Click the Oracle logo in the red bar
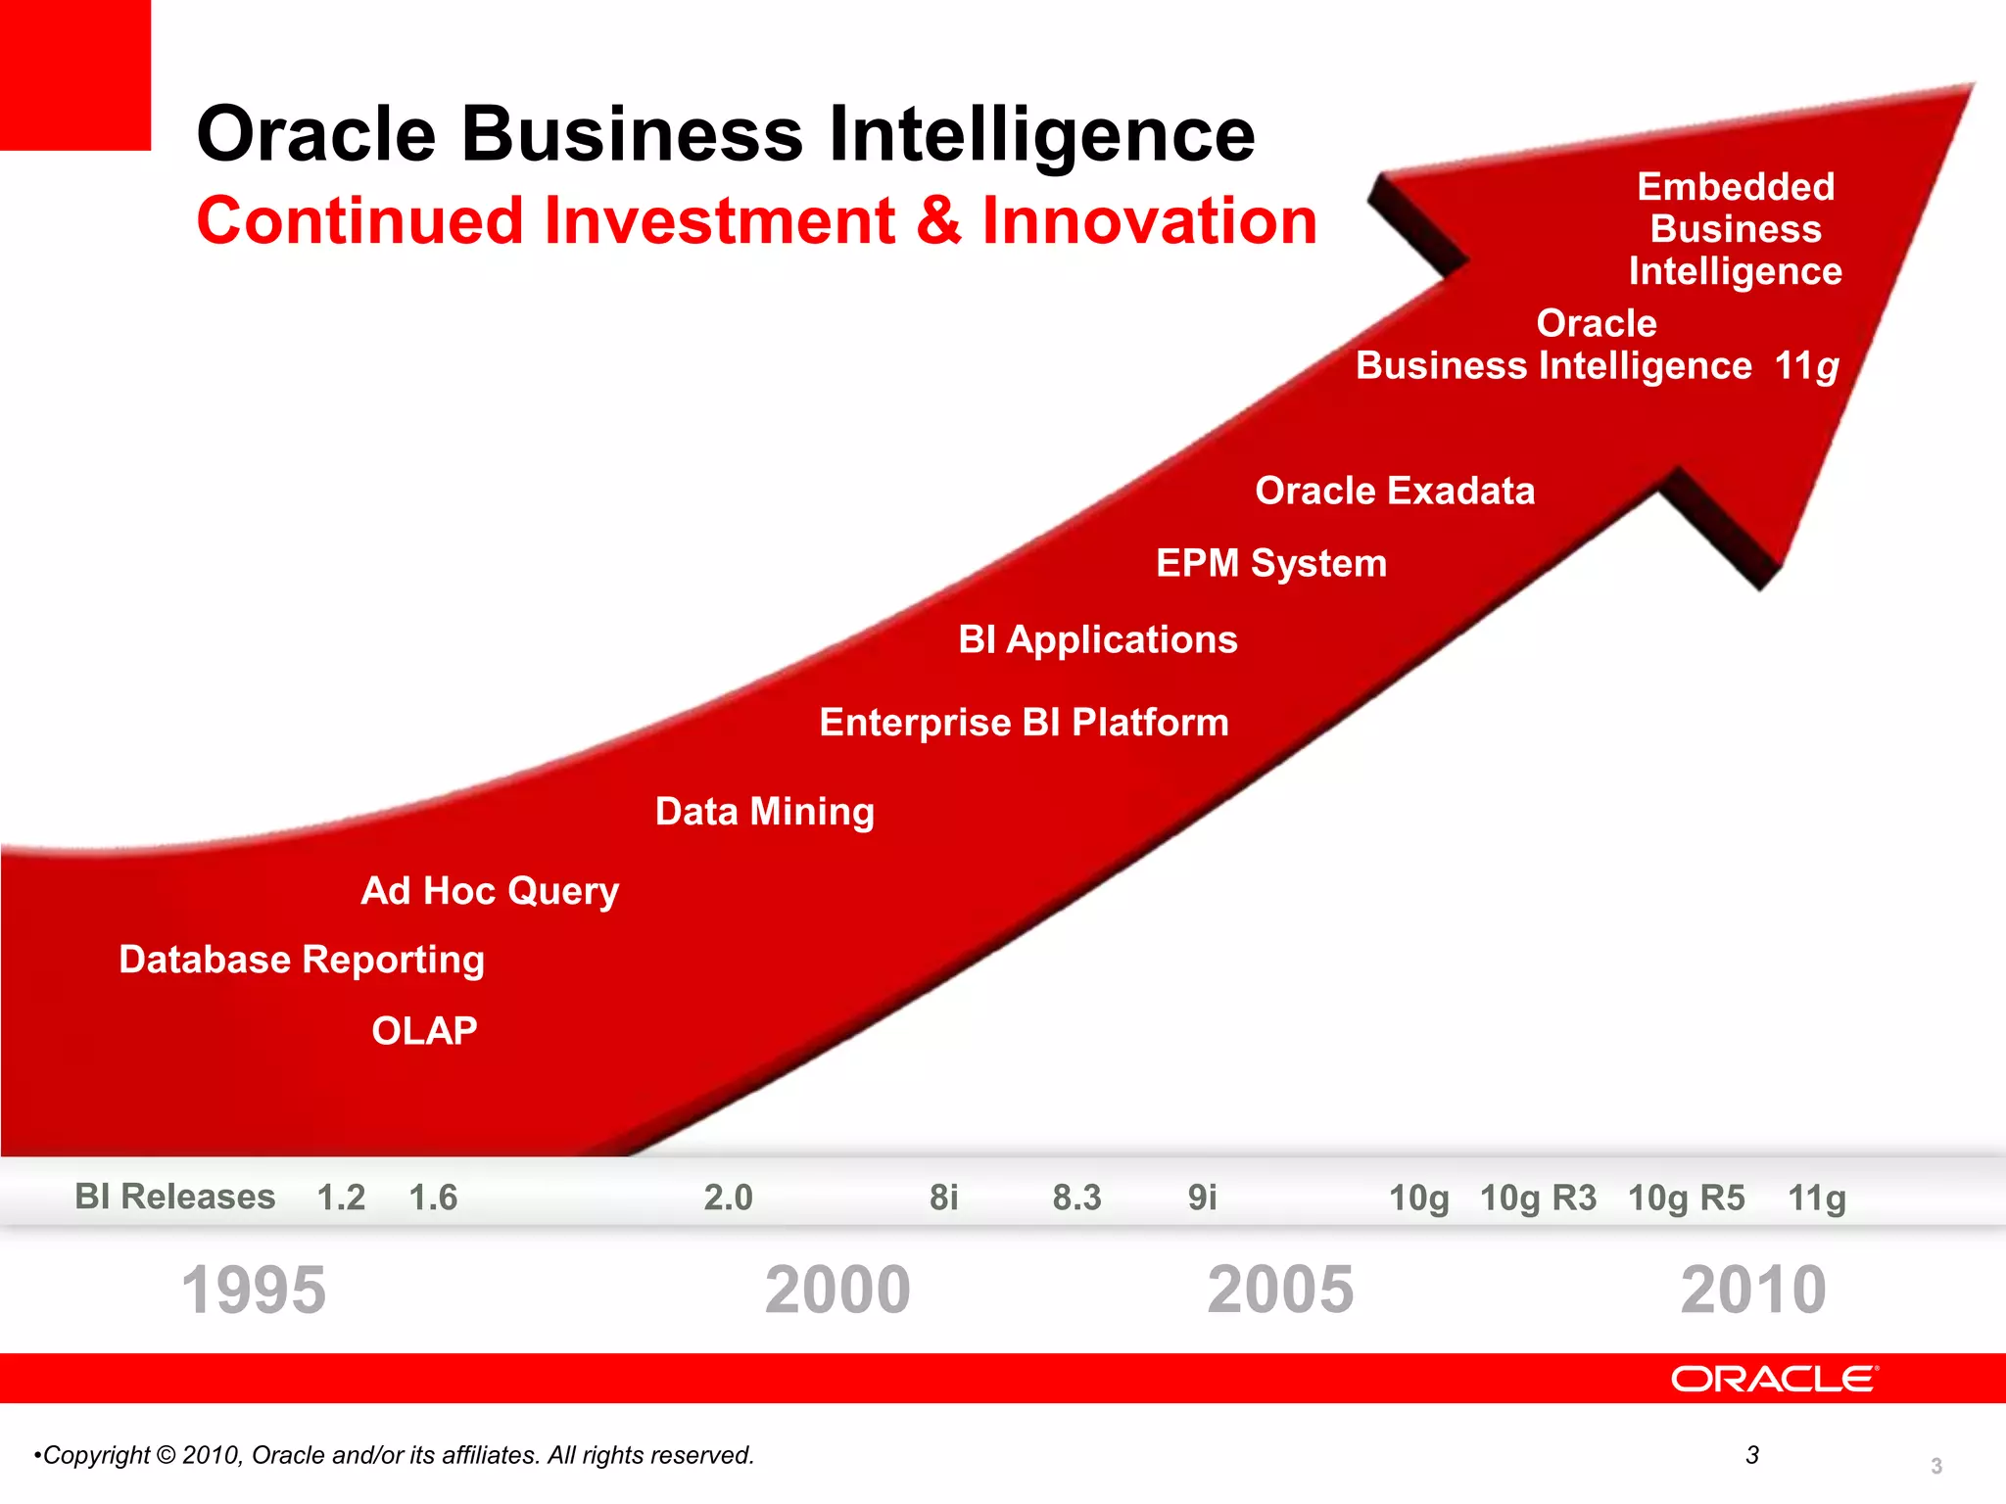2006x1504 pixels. point(1774,1379)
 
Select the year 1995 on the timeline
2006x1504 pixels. point(254,1290)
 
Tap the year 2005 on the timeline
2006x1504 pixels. point(1280,1290)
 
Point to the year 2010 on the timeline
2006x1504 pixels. point(1753,1290)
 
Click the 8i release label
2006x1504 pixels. point(943,1198)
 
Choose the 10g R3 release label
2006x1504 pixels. point(1538,1198)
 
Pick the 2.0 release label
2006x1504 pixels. point(728,1198)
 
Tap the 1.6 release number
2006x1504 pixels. point(433,1198)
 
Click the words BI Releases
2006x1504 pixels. point(175,1197)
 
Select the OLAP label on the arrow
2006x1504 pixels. point(424,1031)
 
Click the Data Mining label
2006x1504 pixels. point(764,812)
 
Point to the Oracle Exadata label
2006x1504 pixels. point(1395,491)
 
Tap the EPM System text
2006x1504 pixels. point(1271,563)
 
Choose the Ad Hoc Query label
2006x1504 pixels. point(490,891)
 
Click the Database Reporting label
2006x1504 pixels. point(302,960)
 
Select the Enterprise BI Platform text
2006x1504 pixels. point(1024,723)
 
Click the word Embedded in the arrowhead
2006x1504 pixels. point(1736,186)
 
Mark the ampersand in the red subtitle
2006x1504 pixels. point(938,220)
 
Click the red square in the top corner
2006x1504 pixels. point(74,74)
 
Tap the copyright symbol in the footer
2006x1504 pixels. point(166,1455)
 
